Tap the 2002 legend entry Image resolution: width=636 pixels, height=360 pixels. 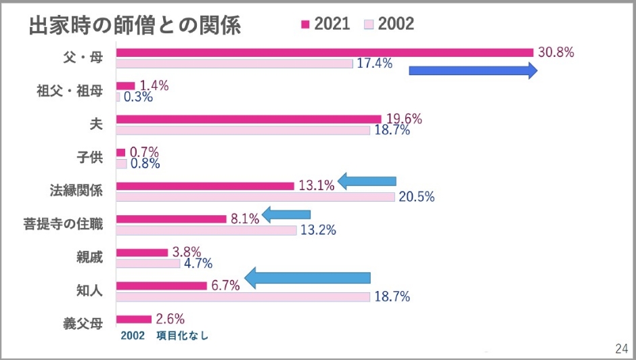point(389,24)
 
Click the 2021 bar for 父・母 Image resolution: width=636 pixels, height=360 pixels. point(325,52)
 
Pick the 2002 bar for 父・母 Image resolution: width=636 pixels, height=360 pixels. point(234,63)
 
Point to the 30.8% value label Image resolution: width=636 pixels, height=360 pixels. point(555,52)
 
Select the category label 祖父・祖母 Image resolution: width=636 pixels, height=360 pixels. point(69,91)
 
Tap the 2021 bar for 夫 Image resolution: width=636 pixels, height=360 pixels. point(248,119)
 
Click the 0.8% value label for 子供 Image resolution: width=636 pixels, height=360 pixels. point(145,163)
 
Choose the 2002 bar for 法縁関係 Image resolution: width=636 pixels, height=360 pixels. point(255,196)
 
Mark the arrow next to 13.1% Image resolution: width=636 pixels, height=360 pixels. point(367,181)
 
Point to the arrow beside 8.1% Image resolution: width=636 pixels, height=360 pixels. point(286,215)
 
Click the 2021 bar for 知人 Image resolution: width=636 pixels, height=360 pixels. point(161,286)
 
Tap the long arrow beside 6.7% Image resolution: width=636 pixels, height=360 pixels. point(308,277)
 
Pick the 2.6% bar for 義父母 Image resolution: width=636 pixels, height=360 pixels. point(134,319)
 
